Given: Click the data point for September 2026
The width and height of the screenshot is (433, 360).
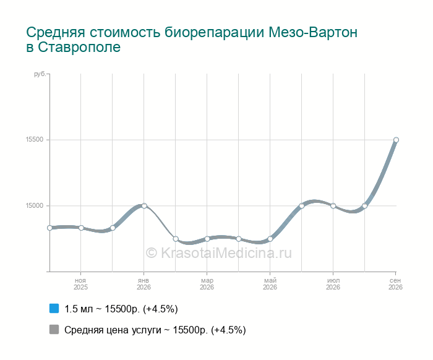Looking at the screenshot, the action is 396,140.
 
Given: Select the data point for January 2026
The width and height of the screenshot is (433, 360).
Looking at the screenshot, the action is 144,206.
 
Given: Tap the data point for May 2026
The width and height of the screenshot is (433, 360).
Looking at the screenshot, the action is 270,239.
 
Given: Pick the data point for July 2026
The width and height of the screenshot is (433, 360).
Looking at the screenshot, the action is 333,206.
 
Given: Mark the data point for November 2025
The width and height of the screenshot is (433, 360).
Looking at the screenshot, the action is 81,228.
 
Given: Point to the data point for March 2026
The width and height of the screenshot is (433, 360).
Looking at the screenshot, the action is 207,239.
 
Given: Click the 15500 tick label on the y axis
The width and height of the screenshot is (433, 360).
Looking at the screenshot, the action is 35,139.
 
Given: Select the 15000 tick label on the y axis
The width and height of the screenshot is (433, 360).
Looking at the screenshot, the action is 35,206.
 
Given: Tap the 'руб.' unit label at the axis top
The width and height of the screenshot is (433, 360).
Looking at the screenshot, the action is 40,74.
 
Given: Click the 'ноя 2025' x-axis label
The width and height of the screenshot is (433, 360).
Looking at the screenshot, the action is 80,284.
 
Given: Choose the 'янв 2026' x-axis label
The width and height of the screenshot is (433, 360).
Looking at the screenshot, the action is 144,284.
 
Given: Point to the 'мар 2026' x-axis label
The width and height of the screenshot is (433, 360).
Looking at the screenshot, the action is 207,284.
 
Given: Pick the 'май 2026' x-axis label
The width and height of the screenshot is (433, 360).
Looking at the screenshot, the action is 270,284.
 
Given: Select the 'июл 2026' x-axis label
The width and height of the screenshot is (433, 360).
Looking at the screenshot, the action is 333,284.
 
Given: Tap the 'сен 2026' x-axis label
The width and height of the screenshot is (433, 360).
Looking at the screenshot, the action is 395,284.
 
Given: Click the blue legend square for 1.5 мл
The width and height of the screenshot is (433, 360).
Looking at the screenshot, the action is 54,309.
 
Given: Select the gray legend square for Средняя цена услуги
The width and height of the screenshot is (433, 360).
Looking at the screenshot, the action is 54,329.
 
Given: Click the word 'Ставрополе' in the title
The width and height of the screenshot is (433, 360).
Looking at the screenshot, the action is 79,47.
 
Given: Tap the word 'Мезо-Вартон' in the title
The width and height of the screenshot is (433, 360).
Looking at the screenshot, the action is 313,32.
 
